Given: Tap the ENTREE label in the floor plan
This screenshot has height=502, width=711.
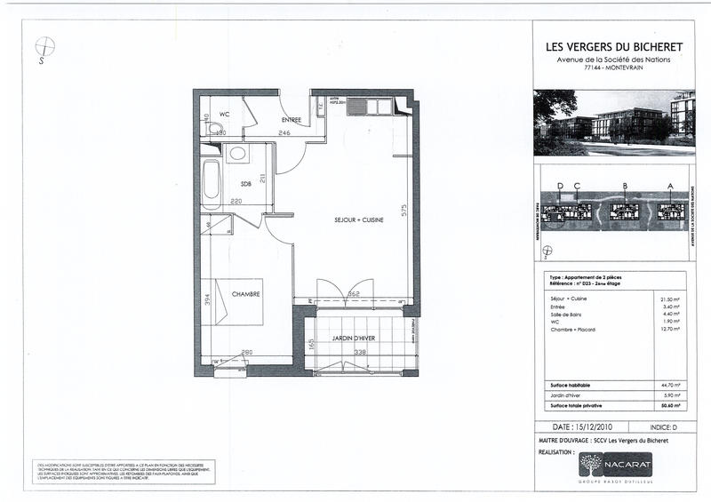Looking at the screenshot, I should [x=292, y=120].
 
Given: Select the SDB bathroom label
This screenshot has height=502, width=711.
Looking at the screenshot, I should [x=245, y=184].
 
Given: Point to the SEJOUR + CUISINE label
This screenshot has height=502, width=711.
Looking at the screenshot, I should [x=358, y=219].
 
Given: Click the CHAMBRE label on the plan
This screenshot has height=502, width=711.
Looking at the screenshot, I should [x=245, y=294].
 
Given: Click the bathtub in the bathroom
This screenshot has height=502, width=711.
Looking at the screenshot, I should [x=211, y=184].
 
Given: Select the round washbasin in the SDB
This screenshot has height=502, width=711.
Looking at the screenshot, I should [x=237, y=154].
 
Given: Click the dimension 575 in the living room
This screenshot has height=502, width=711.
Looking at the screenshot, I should [x=403, y=211].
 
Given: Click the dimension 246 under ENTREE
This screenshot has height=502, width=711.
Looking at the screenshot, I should [x=284, y=133].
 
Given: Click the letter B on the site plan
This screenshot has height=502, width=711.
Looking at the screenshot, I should [x=626, y=186].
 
